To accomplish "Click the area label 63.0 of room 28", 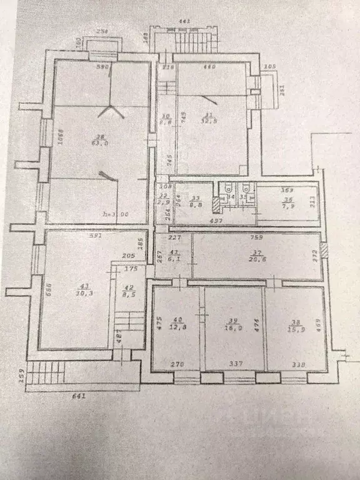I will point(99,142).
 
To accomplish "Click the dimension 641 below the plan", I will point(77,395).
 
